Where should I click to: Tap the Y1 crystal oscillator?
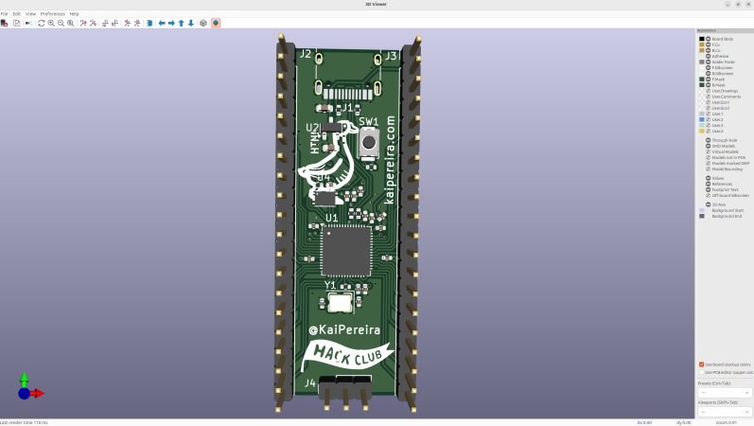pos(339,302)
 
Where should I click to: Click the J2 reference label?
pos(305,55)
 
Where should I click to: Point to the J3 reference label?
pos(391,57)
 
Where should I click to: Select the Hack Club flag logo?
pos(346,356)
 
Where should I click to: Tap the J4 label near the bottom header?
pos(309,383)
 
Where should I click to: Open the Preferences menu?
pos(53,14)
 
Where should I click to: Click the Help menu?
pos(75,14)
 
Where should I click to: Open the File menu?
pos(5,14)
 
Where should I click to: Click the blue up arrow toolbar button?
pos(181,23)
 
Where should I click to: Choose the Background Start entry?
pos(727,210)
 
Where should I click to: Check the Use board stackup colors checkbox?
pos(701,364)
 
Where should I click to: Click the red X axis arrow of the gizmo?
pos(37,393)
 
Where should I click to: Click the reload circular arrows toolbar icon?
pos(41,23)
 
